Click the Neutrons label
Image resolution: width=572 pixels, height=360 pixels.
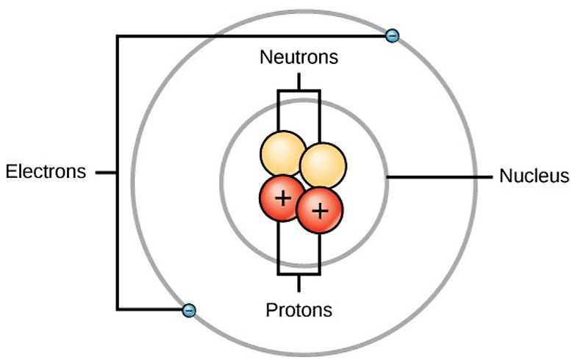298,57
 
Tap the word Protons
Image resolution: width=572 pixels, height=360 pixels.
298,309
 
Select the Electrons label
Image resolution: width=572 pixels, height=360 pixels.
46,173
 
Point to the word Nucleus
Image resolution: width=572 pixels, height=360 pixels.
534,176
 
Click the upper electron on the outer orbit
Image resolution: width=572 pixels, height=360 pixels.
393,35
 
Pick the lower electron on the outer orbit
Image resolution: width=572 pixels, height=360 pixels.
189,310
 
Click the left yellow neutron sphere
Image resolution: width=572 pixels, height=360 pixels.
282,154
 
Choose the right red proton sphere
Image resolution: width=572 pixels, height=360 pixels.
319,210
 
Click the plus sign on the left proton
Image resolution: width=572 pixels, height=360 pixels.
280,198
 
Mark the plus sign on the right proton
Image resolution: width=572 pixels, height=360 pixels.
319,211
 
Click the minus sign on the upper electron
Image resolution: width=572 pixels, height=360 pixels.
393,35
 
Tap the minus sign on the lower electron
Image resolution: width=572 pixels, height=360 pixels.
189,310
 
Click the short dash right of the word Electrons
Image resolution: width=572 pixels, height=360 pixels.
106,173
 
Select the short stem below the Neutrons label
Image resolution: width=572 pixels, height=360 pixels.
298,81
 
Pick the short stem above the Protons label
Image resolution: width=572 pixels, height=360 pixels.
298,284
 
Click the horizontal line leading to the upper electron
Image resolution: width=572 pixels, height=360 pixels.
250,36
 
